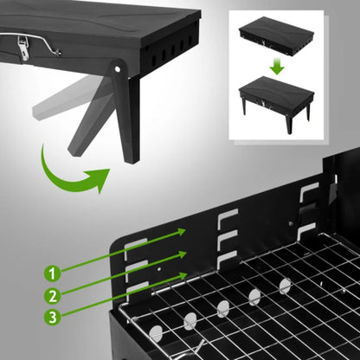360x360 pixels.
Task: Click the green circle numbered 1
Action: coord(54,273)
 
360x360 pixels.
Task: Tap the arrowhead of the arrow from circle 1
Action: coord(183,230)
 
